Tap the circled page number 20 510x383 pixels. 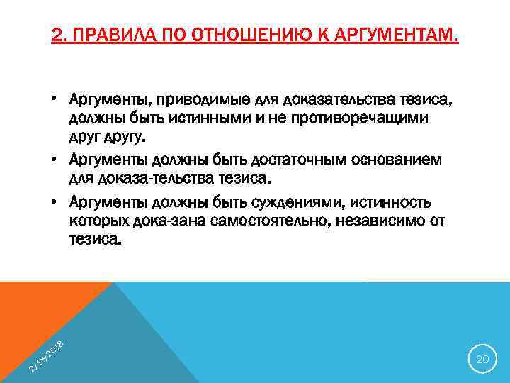pyautogui.click(x=482, y=360)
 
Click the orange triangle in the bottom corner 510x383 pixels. pyautogui.click(x=28, y=312)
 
